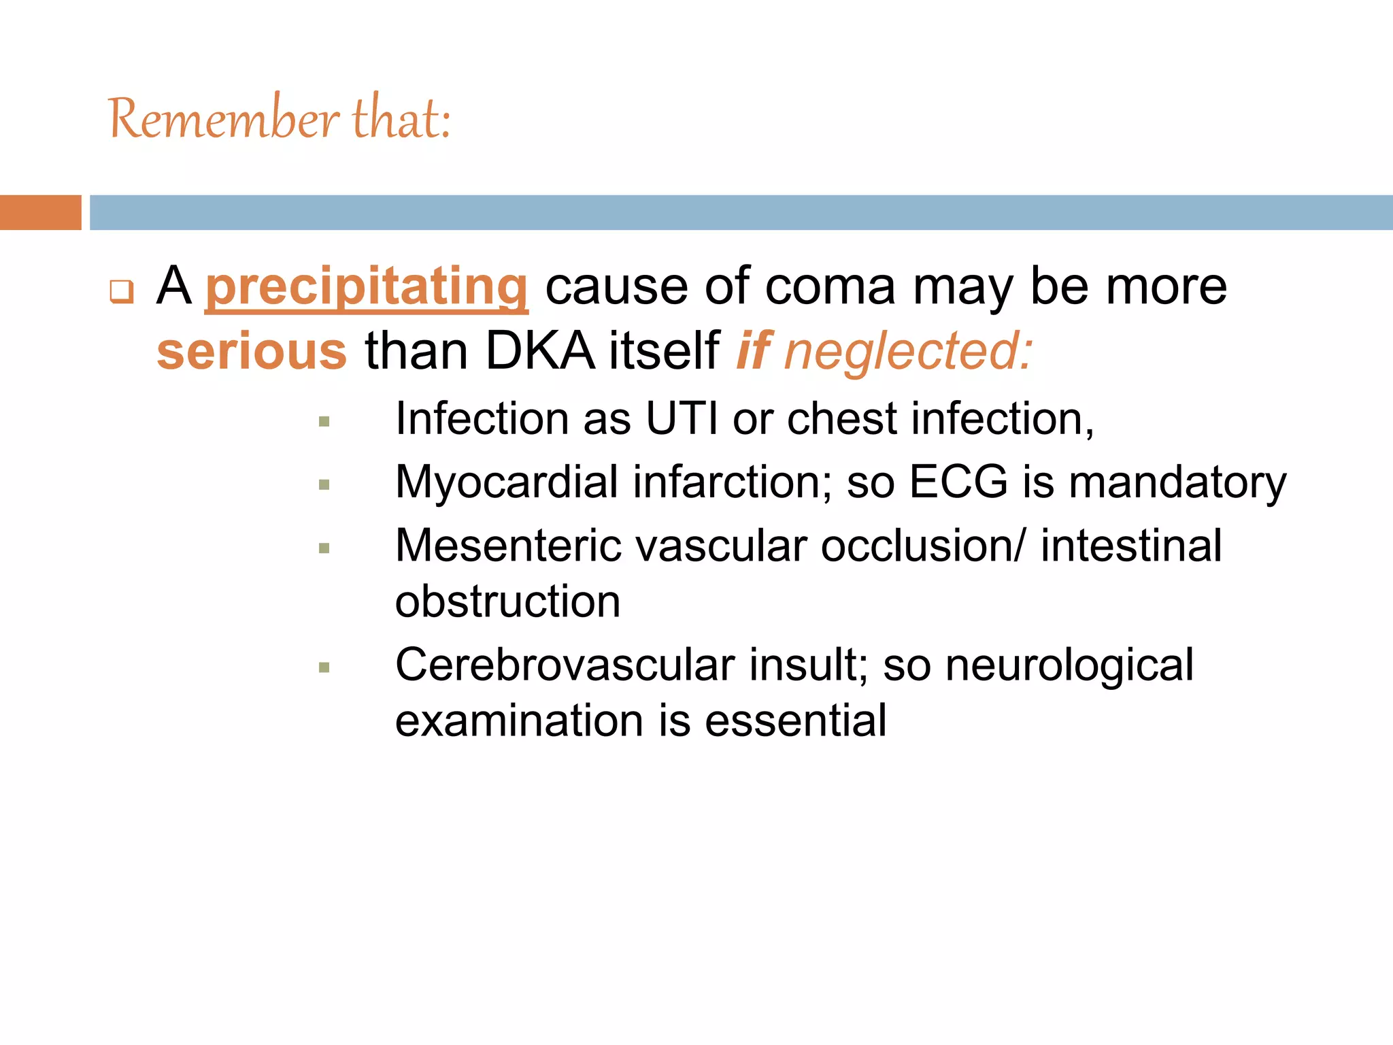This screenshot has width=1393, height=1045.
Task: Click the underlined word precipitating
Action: pyautogui.click(x=367, y=287)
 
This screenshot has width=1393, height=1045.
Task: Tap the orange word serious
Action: pyautogui.click(x=252, y=351)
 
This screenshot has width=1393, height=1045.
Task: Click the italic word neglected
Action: pyautogui.click(x=908, y=351)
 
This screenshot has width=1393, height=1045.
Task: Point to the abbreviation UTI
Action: pyautogui.click(x=682, y=418)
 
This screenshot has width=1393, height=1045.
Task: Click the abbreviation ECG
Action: pyautogui.click(x=958, y=482)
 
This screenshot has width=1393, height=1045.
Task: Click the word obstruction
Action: pyautogui.click(x=507, y=601)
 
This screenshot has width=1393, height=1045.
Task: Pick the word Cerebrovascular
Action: pyautogui.click(x=565, y=665)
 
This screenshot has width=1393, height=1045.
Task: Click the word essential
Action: pyautogui.click(x=795, y=720)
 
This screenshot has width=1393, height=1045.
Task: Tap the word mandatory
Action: pyautogui.click(x=1177, y=482)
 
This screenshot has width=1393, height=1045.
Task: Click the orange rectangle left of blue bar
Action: pyautogui.click(x=40, y=212)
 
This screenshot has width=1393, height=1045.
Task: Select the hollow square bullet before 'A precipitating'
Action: pyautogui.click(x=122, y=292)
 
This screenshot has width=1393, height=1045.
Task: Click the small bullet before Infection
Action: pyautogui.click(x=324, y=422)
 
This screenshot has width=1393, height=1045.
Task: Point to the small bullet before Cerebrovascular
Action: pyautogui.click(x=324, y=667)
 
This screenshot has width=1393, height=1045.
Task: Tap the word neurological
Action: pyautogui.click(x=1069, y=665)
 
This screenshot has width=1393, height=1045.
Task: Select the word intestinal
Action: pyautogui.click(x=1131, y=546)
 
